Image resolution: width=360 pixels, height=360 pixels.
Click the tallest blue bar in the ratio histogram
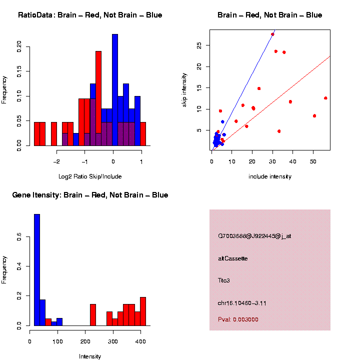click(115, 90)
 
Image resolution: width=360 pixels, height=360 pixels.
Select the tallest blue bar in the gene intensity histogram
click(37, 270)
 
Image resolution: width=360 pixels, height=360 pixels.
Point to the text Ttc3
click(224, 280)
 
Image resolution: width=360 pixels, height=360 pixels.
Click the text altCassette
click(233, 258)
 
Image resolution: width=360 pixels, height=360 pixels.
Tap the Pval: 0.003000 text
click(238, 319)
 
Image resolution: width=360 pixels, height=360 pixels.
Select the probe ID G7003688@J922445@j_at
click(254, 236)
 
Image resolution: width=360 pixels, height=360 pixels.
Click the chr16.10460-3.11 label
click(242, 303)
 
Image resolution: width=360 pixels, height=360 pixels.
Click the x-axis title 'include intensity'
click(270, 176)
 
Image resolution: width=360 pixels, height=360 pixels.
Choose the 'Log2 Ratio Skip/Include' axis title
click(90, 176)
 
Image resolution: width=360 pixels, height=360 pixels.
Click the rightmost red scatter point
click(325, 98)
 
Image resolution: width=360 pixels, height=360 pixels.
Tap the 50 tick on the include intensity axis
click(314, 162)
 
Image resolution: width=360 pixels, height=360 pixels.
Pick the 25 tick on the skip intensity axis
click(199, 45)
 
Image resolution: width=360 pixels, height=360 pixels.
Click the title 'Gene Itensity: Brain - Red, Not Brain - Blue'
click(90, 195)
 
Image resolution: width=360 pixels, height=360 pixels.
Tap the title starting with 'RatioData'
click(90, 15)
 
